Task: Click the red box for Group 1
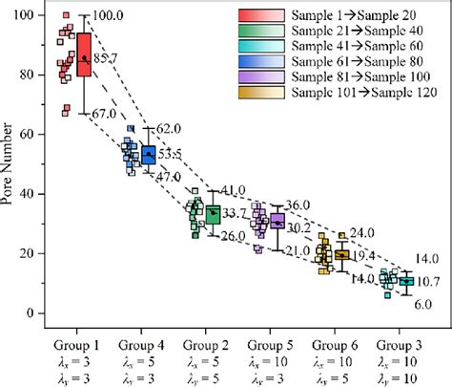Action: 84,61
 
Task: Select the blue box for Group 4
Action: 148,154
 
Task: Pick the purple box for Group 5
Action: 277,222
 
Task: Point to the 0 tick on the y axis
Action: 39,313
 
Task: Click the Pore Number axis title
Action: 10,164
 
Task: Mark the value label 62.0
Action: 168,129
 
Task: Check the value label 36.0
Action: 298,205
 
